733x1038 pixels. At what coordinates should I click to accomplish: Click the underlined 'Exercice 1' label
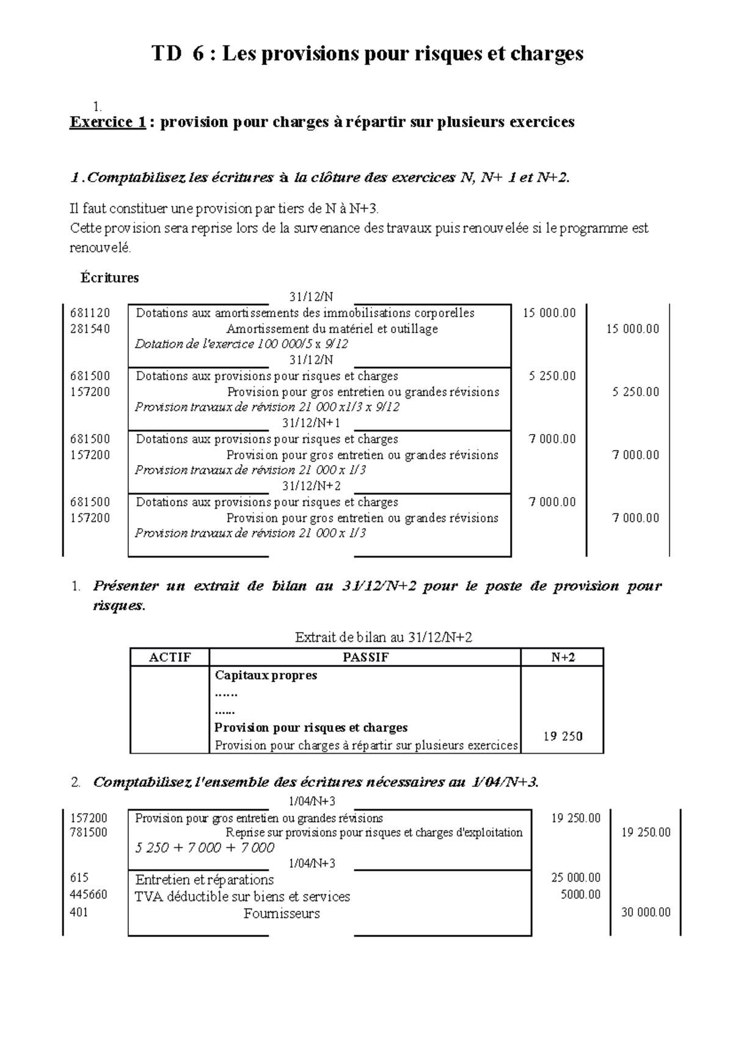click(108, 122)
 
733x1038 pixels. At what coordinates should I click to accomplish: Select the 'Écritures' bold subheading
click(109, 278)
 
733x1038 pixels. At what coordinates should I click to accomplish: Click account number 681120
click(90, 313)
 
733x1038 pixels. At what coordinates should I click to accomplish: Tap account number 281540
click(90, 329)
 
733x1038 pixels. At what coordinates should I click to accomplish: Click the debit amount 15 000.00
click(549, 313)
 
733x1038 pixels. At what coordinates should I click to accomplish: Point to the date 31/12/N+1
click(311, 423)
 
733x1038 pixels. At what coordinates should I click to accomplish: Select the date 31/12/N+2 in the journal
click(311, 486)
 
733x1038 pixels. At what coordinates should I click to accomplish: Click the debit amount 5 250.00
click(552, 376)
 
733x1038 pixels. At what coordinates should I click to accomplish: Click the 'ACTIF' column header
click(170, 657)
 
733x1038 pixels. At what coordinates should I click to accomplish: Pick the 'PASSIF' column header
click(365, 657)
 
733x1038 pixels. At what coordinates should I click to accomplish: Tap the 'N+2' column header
click(562, 657)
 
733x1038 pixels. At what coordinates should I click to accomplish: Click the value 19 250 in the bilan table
click(562, 736)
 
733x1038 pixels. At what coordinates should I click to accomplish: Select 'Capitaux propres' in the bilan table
click(266, 675)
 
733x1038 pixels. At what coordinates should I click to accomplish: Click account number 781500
click(89, 832)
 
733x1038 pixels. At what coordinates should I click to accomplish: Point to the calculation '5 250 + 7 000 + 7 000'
click(204, 848)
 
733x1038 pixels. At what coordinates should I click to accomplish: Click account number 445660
click(89, 895)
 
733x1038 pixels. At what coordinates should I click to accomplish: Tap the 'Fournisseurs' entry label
click(282, 914)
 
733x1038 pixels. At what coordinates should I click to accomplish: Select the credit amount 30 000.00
click(646, 912)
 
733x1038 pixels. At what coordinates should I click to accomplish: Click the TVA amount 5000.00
click(580, 895)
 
